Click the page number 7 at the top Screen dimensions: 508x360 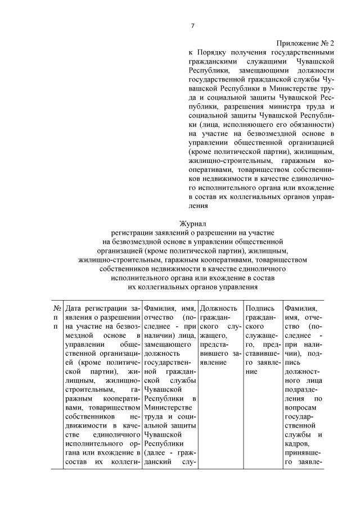192,26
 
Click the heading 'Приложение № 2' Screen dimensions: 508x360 305,43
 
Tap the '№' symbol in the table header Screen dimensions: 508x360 57,308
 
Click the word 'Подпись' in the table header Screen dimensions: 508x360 259,308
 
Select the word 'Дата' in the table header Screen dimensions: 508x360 75,308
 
